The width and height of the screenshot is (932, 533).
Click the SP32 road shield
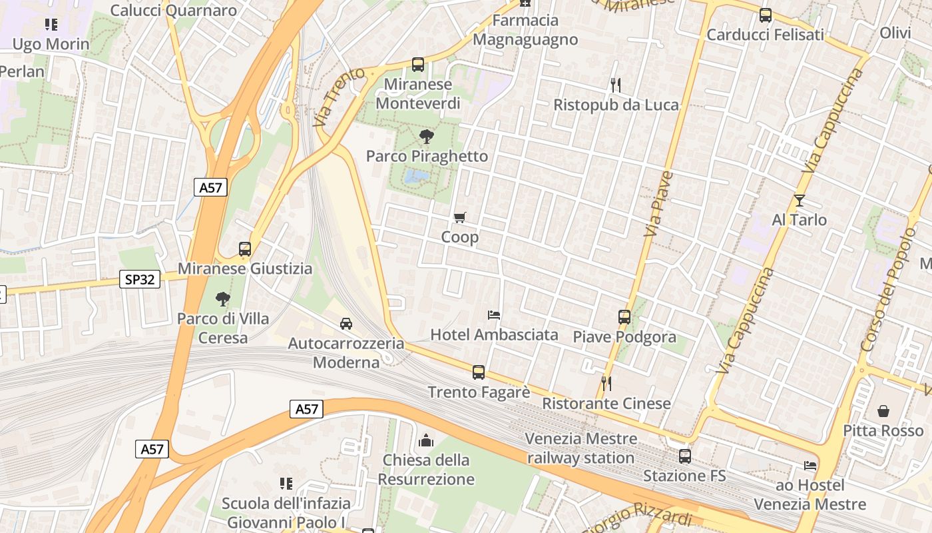click(140, 279)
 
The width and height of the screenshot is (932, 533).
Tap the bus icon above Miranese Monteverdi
click(418, 65)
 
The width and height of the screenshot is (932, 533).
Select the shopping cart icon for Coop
click(459, 218)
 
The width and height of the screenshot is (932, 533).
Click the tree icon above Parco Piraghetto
click(426, 137)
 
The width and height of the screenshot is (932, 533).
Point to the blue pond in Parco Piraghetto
click(417, 176)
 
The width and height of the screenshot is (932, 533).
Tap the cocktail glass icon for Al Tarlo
click(800, 201)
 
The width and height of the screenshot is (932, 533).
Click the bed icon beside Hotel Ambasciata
click(494, 314)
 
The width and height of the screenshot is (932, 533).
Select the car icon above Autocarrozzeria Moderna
click(346, 324)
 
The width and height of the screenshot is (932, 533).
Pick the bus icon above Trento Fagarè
click(479, 372)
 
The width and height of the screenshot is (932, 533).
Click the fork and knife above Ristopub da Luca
click(616, 85)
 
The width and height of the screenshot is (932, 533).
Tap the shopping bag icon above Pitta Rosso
click(883, 410)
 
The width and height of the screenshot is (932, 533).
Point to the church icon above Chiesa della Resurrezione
click(426, 440)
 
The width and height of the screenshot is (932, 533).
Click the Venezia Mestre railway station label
click(581, 448)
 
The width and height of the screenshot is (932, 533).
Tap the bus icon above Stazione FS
click(685, 456)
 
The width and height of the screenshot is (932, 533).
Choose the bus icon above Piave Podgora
click(624, 317)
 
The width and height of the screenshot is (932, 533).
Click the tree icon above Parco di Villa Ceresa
click(223, 299)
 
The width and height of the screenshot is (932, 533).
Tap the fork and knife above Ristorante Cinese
click(606, 383)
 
